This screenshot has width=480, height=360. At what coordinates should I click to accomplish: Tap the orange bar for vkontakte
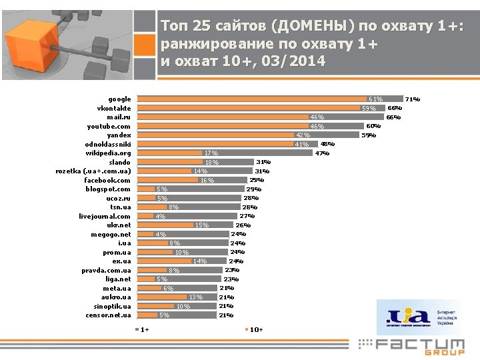tap(247, 107)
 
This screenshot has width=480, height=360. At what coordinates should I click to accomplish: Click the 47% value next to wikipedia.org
tap(322, 153)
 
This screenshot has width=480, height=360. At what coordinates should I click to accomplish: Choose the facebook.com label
tap(107, 180)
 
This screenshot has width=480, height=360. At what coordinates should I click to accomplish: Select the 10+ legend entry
tap(255, 329)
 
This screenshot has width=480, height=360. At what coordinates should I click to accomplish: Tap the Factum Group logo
tap(412, 346)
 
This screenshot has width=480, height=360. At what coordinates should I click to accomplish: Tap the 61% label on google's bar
tap(375, 99)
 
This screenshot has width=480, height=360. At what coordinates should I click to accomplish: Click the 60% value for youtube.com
tap(373, 126)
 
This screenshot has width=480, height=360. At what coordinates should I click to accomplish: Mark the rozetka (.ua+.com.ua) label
tap(93, 171)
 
